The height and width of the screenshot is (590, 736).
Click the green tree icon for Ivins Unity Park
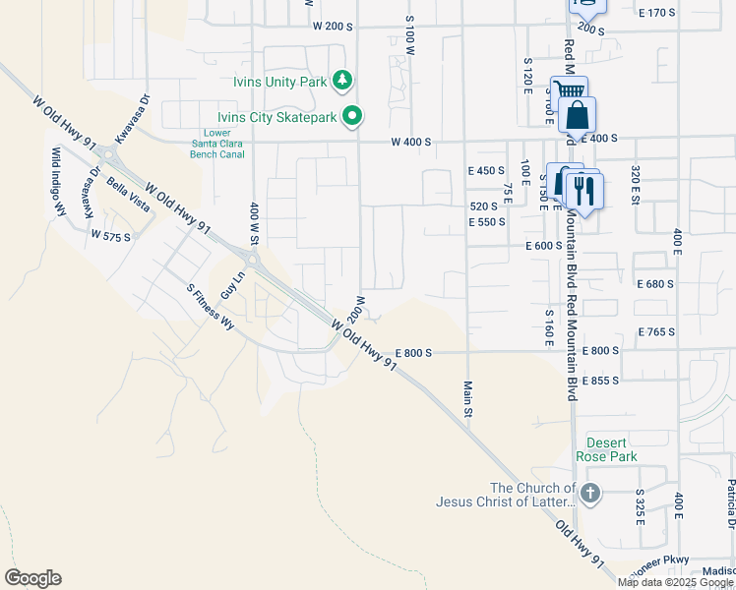342,80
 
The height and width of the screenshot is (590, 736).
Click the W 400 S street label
411,143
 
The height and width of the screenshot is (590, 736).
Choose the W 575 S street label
110,236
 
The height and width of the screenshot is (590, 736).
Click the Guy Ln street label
232,286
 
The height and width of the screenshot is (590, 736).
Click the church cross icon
589,494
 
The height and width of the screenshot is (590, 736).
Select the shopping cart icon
568,93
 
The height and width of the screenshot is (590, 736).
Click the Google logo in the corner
32,578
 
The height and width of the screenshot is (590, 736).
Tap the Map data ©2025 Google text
676,582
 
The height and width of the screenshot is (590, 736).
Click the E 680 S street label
655,283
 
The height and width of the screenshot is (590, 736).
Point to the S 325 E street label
639,505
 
